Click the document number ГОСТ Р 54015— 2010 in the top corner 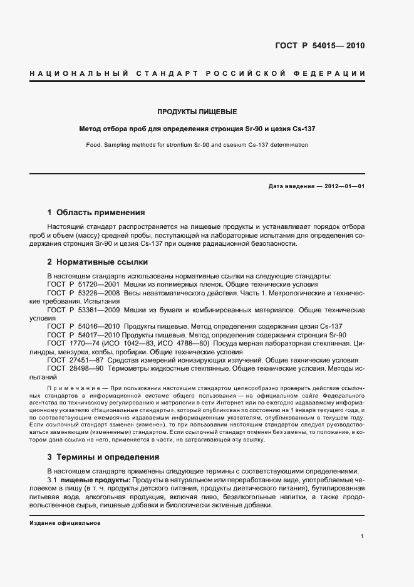(320, 46)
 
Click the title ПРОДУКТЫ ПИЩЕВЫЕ (197, 112)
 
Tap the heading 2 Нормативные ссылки (99, 261)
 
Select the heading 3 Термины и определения (103, 457)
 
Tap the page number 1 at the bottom (363, 536)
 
